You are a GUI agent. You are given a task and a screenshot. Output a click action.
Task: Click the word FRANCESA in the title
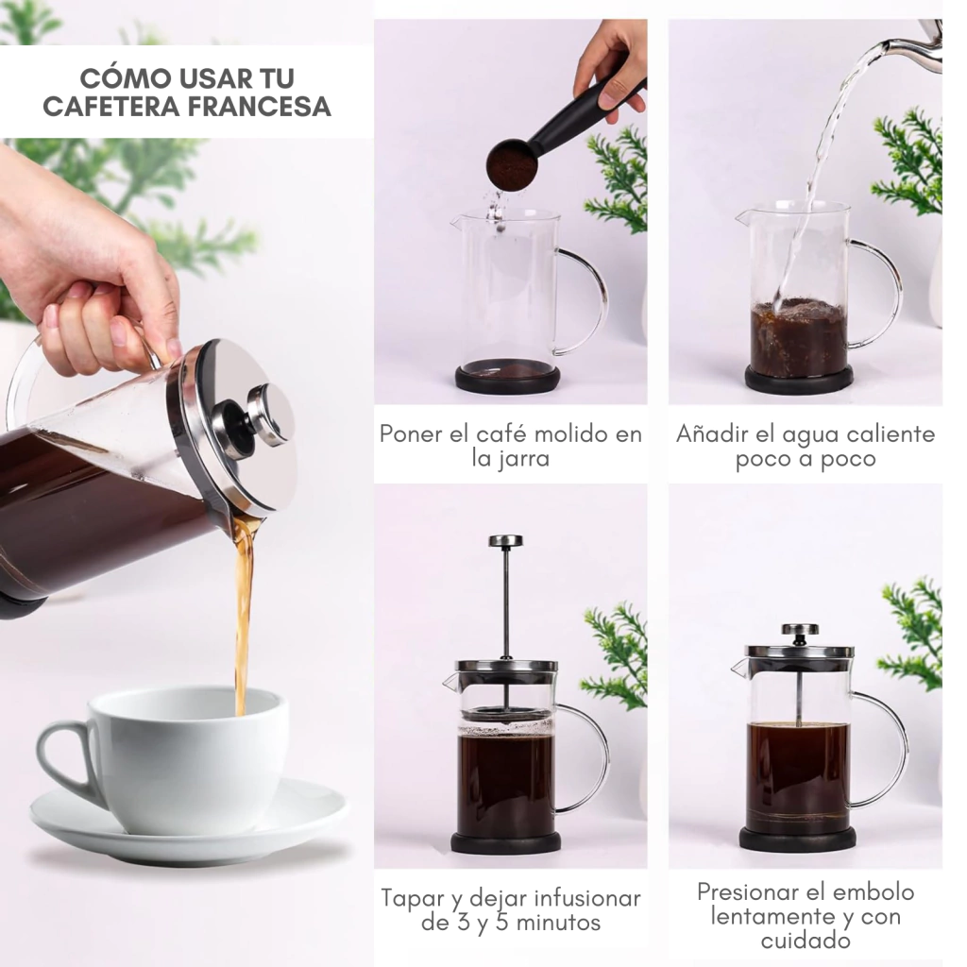click(259, 106)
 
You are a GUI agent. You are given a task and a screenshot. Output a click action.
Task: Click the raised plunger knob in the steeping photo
click(506, 541)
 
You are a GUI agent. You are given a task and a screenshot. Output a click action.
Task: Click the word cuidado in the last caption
click(806, 942)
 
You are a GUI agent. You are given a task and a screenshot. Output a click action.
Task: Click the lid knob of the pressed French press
click(800, 630)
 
